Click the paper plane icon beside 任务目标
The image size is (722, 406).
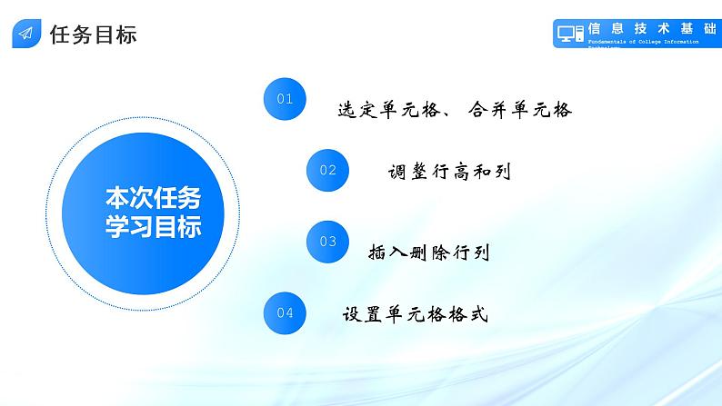25,35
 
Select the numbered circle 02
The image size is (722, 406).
328,170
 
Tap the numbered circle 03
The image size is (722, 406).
328,241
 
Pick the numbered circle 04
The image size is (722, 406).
285,312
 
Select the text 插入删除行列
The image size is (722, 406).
430,252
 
